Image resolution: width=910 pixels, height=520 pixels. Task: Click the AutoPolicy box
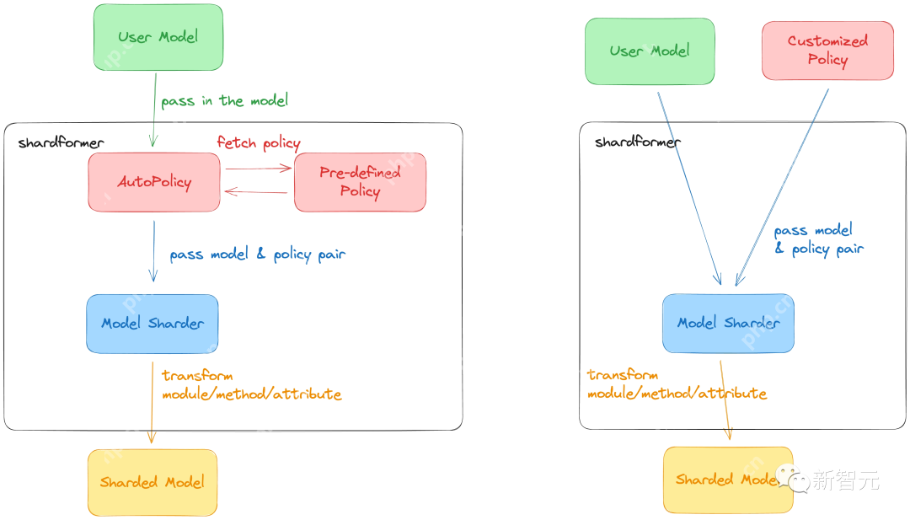[154, 182]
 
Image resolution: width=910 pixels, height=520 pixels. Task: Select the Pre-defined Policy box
[360, 182]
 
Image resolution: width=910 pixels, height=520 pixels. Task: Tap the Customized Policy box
[827, 51]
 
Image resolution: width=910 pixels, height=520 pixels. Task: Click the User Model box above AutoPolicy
[158, 37]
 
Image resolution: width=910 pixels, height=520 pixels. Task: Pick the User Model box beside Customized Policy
[650, 51]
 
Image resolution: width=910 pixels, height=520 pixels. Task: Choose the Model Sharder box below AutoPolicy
[153, 324]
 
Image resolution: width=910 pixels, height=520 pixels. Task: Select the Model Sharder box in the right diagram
[728, 323]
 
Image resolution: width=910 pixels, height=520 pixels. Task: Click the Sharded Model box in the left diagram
[153, 482]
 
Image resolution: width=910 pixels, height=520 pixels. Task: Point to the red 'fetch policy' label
[259, 143]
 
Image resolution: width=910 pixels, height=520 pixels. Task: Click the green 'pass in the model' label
[225, 101]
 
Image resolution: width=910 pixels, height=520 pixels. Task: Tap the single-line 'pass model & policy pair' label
[258, 255]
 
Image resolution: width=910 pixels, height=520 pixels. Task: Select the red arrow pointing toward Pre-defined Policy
[257, 169]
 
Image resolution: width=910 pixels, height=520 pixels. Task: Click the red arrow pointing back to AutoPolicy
[257, 193]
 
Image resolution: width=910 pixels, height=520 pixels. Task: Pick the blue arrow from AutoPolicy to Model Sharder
[153, 251]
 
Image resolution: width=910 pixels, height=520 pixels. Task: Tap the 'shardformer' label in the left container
[61, 143]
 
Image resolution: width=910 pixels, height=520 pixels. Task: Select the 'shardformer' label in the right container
[637, 142]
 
